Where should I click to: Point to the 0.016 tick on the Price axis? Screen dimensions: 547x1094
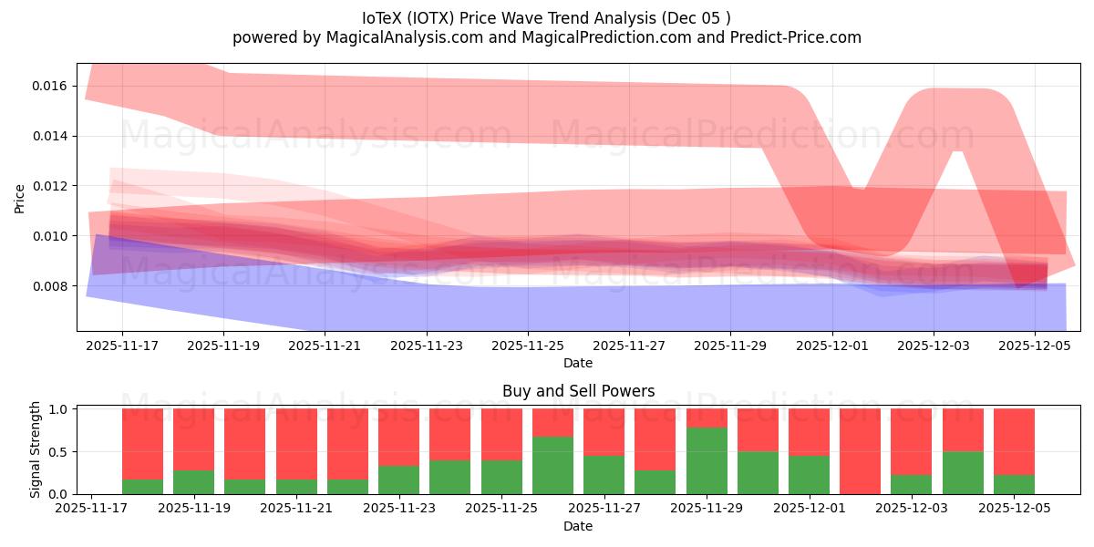pos(50,87)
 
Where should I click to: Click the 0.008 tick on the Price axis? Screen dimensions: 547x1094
pos(50,286)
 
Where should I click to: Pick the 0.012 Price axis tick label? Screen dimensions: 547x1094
pos(50,186)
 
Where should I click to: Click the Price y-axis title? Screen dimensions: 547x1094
pos(20,197)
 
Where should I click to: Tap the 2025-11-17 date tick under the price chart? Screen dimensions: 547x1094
pos(122,346)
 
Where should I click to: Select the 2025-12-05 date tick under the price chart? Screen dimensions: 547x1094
pos(1035,346)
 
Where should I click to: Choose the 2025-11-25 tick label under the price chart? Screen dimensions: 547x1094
pos(528,346)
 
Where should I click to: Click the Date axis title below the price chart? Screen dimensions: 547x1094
pos(578,363)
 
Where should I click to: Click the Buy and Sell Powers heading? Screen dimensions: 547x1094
pos(578,391)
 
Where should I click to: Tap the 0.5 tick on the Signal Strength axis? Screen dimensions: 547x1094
pos(57,452)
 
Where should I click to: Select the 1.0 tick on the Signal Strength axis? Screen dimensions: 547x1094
pos(57,409)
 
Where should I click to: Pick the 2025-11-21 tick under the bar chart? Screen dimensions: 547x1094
pos(295,509)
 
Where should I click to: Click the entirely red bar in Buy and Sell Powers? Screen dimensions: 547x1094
pos(860,451)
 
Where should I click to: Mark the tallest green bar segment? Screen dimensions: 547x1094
pos(707,460)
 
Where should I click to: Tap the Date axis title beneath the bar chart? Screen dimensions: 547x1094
pos(578,526)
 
